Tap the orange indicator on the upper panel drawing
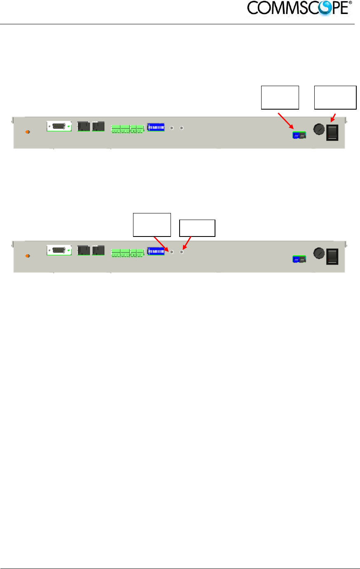(x=28, y=132)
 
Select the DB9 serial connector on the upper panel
(x=59, y=126)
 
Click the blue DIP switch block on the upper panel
(x=156, y=127)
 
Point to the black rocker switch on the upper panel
(x=332, y=132)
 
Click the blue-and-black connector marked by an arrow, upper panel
(x=299, y=135)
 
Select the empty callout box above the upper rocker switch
(x=335, y=97)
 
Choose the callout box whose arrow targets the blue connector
(x=280, y=97)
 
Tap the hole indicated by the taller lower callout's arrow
(x=172, y=252)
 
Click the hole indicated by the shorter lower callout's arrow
(x=181, y=252)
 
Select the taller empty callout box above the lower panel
(x=152, y=225)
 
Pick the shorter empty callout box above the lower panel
(x=197, y=228)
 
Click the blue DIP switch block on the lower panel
(x=156, y=251)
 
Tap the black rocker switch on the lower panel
(x=332, y=256)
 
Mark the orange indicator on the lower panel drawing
(x=28, y=256)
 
